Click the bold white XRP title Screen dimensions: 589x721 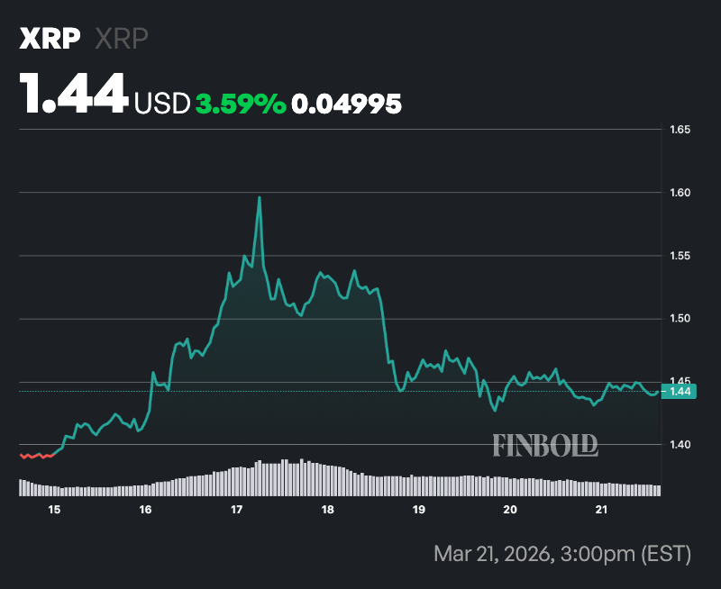click(50, 39)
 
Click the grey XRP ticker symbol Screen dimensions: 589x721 click(122, 39)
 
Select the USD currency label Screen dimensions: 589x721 click(161, 104)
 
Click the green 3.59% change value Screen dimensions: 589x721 click(241, 104)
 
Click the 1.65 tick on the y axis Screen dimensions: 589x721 click(680, 130)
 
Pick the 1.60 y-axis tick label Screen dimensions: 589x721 click(680, 193)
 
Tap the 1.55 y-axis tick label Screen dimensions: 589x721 click(680, 256)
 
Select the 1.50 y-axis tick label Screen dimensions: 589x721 click(680, 319)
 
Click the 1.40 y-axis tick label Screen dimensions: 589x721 click(680, 445)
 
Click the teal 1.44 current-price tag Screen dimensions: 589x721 click(679, 391)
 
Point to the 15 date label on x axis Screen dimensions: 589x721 click(54, 510)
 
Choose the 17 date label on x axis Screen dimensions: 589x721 click(236, 510)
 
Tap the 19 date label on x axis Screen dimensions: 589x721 click(418, 510)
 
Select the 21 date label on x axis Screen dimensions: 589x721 click(601, 510)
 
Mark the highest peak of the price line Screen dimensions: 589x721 click(260, 197)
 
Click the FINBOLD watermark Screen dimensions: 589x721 click(545, 444)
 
